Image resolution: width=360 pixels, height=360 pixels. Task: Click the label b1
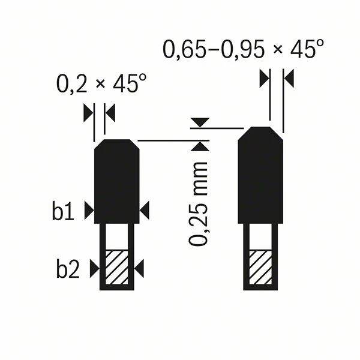(x=62, y=212)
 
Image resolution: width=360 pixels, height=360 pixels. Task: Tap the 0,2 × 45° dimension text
(x=101, y=83)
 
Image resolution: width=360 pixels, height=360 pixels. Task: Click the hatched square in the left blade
(x=116, y=267)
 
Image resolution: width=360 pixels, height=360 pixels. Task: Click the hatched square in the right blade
(x=260, y=267)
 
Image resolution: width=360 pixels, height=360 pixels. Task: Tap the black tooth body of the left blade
(x=117, y=180)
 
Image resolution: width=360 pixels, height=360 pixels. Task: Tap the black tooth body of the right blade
(x=261, y=174)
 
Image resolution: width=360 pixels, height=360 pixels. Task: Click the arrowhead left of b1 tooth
(x=89, y=210)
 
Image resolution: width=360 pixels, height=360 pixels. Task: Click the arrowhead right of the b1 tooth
(x=145, y=210)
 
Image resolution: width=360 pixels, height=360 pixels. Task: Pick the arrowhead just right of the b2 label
(x=94, y=269)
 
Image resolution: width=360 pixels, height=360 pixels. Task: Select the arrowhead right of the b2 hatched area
(x=139, y=269)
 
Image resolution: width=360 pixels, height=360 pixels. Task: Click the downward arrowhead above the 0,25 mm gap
(x=199, y=122)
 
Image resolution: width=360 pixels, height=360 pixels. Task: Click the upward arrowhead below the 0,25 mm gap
(x=199, y=146)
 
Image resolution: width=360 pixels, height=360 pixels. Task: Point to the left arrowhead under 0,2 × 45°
(x=88, y=112)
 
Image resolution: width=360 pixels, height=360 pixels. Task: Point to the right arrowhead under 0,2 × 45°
(x=110, y=112)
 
